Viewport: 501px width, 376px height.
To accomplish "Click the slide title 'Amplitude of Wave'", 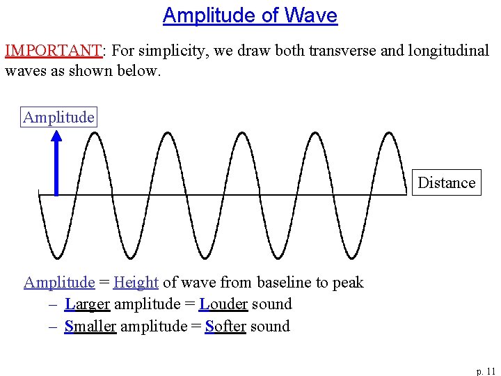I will (250, 15).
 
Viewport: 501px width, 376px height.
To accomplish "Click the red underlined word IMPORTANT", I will (53, 51).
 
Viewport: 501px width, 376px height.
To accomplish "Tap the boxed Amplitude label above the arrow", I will (58, 117).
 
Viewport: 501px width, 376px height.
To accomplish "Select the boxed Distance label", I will (446, 182).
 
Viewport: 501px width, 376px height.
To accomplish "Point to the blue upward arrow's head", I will (56, 134).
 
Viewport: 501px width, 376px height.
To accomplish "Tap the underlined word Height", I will (136, 282).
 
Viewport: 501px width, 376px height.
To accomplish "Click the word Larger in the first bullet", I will (87, 304).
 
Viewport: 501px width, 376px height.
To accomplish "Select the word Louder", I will (223, 304).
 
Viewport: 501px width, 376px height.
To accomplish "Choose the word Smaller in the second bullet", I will (90, 326).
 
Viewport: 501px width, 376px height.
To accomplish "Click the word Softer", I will (225, 326).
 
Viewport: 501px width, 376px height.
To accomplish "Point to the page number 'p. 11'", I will (485, 371).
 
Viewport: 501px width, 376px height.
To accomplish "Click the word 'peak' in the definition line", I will (348, 283).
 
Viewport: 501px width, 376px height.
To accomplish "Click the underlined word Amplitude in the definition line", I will (59, 282).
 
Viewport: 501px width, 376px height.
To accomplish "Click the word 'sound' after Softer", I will (270, 326).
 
